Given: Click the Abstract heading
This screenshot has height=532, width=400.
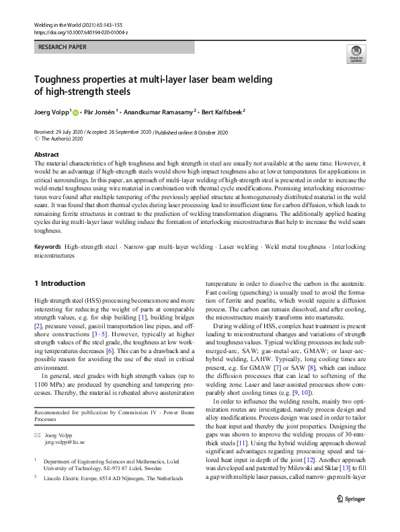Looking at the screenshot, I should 46,154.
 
